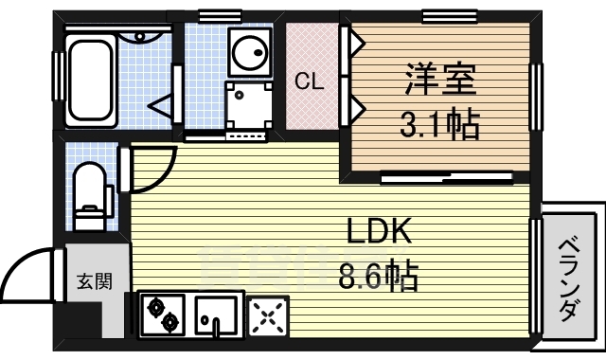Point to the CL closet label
[x=309, y=81]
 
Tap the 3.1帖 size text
[x=437, y=122]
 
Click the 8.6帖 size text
[x=378, y=277]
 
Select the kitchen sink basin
[x=218, y=315]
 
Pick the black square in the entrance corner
[x=83, y=321]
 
